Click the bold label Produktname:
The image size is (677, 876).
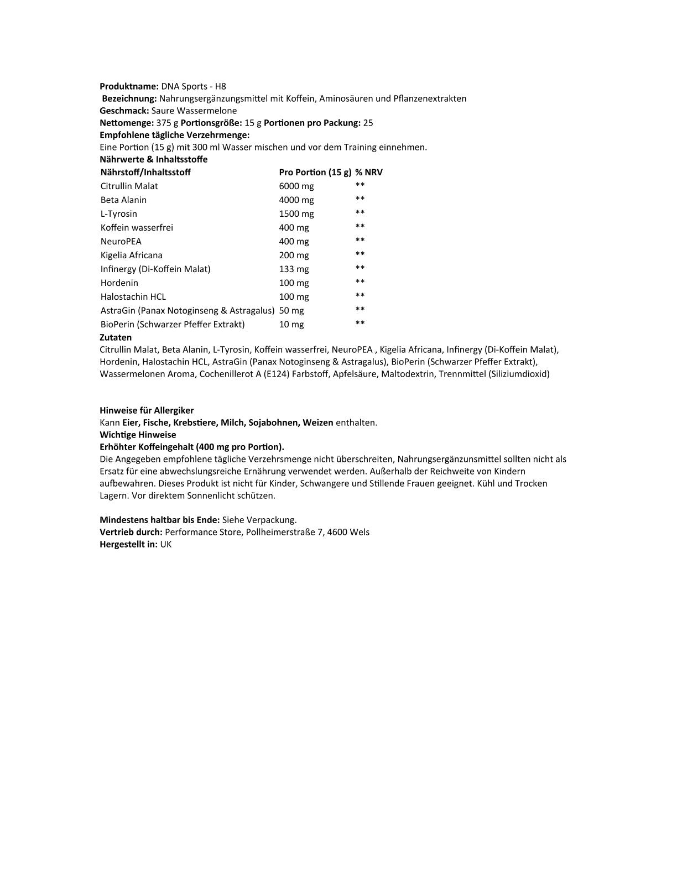pyautogui.click(x=129, y=86)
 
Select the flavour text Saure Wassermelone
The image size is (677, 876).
pyautogui.click(x=194, y=111)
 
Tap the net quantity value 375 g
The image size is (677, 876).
pyautogui.click(x=168, y=123)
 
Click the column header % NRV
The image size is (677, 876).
pyautogui.click(x=368, y=172)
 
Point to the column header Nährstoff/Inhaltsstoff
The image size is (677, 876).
pyautogui.click(x=145, y=172)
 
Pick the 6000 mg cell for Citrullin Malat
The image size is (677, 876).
pyautogui.click(x=296, y=186)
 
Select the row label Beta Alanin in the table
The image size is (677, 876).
pyautogui.click(x=123, y=200)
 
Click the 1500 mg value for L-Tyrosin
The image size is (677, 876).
pyautogui.click(x=296, y=214)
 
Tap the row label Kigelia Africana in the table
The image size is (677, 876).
pyautogui.click(x=131, y=255)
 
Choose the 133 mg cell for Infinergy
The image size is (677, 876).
pyautogui.click(x=294, y=269)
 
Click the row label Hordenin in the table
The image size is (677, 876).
pyautogui.click(x=119, y=283)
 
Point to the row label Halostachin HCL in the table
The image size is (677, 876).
pyautogui.click(x=133, y=297)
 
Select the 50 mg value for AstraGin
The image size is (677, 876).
pyautogui.click(x=291, y=311)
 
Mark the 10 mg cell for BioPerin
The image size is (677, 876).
pyautogui.click(x=291, y=325)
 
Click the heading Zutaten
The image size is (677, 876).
pyautogui.click(x=116, y=337)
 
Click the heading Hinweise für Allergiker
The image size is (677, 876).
pyautogui.click(x=147, y=410)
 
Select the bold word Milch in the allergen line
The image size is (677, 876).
pyautogui.click(x=232, y=423)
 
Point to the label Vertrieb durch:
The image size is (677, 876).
pyautogui.click(x=131, y=532)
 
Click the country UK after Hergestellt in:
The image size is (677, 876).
pyautogui.click(x=166, y=544)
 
